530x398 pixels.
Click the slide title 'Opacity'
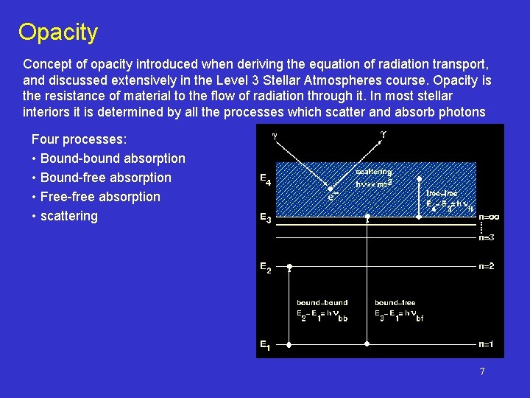58,32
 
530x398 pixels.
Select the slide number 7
482,371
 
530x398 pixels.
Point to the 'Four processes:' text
79,139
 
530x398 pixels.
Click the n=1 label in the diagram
486,344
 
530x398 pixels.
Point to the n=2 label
486,266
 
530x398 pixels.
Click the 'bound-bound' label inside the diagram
322,302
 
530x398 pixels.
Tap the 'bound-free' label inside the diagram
395,302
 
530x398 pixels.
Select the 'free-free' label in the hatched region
442,193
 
